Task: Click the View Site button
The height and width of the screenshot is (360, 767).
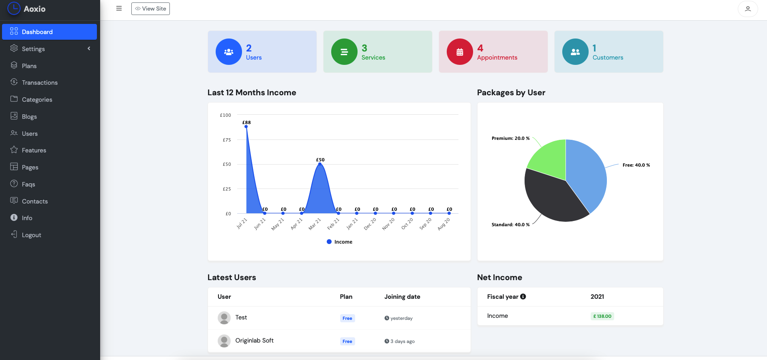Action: click(x=150, y=9)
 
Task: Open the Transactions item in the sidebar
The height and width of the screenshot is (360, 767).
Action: click(x=39, y=83)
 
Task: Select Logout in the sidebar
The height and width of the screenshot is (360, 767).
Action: click(x=31, y=235)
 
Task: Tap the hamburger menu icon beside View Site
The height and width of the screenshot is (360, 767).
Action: click(x=119, y=9)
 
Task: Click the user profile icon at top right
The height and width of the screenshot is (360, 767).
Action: click(x=748, y=9)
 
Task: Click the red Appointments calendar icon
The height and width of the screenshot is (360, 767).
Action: click(x=460, y=52)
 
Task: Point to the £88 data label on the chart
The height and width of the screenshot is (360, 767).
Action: click(x=246, y=122)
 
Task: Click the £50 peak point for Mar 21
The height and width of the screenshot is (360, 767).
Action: click(x=320, y=164)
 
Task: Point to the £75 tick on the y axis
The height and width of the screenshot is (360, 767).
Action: click(x=227, y=140)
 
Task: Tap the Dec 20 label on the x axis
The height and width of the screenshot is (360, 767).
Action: click(x=370, y=224)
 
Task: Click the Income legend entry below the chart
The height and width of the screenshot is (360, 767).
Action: click(x=340, y=242)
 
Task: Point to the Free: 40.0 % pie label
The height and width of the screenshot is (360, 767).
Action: click(x=636, y=165)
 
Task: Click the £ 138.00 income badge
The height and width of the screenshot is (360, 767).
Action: click(x=602, y=316)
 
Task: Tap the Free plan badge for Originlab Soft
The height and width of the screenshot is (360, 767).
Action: click(x=347, y=341)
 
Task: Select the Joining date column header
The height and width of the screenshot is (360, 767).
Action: click(x=402, y=297)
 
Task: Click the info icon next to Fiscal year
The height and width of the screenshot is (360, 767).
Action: click(x=523, y=296)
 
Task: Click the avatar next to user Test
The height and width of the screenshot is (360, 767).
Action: click(x=224, y=318)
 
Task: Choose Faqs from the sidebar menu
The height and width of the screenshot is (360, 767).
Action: click(x=28, y=184)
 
